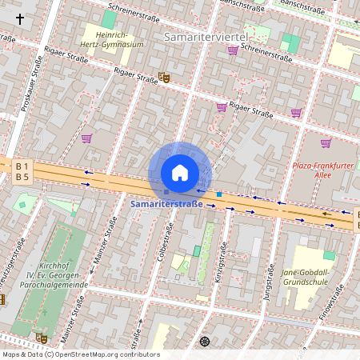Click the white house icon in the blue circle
click(x=180, y=173)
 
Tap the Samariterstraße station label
click(x=167, y=206)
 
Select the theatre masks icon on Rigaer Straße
click(x=164, y=77)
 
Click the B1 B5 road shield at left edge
click(x=22, y=171)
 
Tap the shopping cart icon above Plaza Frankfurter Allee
click(x=326, y=143)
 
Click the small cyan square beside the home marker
click(x=218, y=194)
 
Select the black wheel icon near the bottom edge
click(x=205, y=342)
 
